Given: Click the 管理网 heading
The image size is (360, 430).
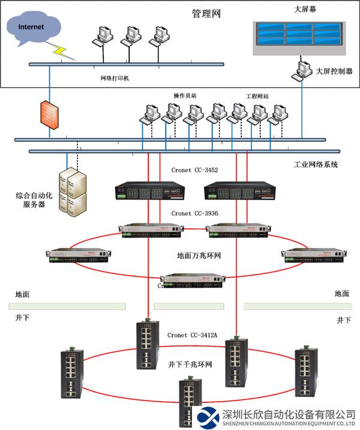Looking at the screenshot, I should (206, 14).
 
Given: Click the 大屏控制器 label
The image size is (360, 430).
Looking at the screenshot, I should (334, 71).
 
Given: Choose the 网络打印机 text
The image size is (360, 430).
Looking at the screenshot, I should (115, 78).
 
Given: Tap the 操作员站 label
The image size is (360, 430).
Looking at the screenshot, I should (184, 95).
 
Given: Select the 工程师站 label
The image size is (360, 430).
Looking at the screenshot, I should (257, 95).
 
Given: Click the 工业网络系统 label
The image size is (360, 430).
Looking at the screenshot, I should (316, 164).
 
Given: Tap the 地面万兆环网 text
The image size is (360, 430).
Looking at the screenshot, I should (199, 256).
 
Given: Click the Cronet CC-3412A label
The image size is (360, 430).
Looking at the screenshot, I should (192, 335).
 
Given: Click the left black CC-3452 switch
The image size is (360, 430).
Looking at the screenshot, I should (149, 192).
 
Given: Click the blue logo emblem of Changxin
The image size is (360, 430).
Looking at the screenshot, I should (208, 417).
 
